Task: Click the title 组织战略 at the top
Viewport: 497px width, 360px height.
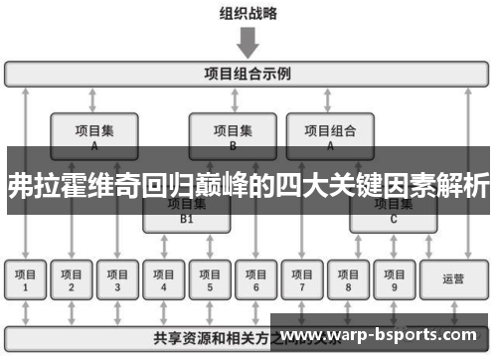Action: pyautogui.click(x=248, y=14)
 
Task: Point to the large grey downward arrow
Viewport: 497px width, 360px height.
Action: pyautogui.click(x=248, y=43)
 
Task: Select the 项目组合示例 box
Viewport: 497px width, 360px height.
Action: pyautogui.click(x=248, y=74)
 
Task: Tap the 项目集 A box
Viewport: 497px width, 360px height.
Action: pyautogui.click(x=93, y=135)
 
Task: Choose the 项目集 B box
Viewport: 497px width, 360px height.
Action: pyautogui.click(x=233, y=135)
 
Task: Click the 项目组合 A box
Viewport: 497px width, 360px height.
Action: pyautogui.click(x=330, y=135)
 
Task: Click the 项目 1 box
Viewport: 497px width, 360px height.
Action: pyautogui.click(x=25, y=279)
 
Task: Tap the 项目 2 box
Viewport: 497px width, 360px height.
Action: pyautogui.click(x=71, y=279)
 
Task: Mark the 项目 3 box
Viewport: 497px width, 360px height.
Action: pyautogui.click(x=117, y=279)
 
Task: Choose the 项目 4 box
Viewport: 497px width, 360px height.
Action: pyautogui.click(x=164, y=279)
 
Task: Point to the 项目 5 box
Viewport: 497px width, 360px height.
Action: pyautogui.click(x=210, y=279)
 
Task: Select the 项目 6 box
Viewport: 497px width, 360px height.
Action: pyautogui.click(x=255, y=279)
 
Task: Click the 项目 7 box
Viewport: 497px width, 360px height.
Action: pyautogui.click(x=302, y=279)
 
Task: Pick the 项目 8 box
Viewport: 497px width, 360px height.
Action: pyautogui.click(x=348, y=279)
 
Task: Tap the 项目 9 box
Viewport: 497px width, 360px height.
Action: pyautogui.click(x=394, y=279)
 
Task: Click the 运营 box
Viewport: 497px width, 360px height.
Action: pyautogui.click(x=453, y=279)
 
